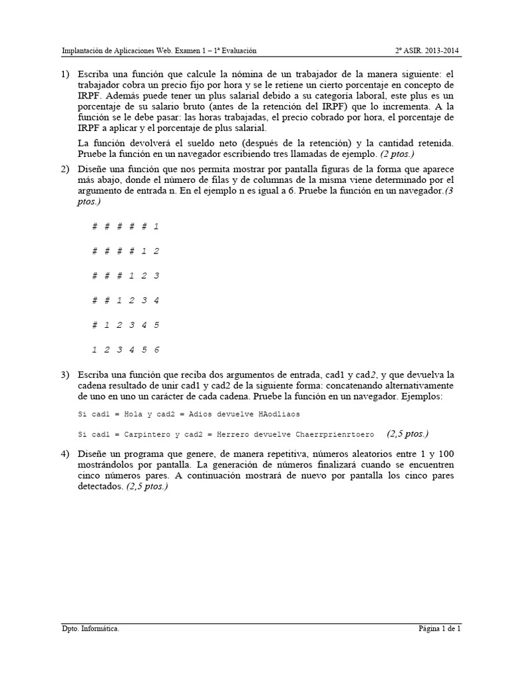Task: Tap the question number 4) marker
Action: pos(65,454)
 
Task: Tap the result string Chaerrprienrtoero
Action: pos(329,434)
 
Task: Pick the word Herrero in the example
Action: pos(212,434)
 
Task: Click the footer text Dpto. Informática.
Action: pos(90,628)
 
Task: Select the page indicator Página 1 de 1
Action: pos(439,628)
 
